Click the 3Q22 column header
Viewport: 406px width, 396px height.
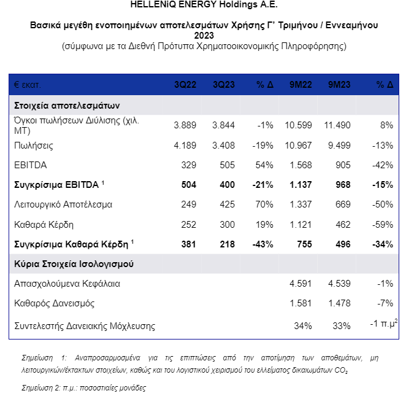185,84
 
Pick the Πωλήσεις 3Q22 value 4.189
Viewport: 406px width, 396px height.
185,146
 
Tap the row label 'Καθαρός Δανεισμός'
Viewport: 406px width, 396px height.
54,303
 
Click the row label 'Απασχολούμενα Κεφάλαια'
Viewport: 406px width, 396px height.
67,284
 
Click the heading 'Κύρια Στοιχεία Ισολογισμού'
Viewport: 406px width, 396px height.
74,264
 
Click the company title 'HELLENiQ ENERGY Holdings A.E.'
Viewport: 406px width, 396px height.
204,4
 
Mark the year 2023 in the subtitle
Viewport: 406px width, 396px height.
204,36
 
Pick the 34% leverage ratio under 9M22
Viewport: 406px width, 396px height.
303,325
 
